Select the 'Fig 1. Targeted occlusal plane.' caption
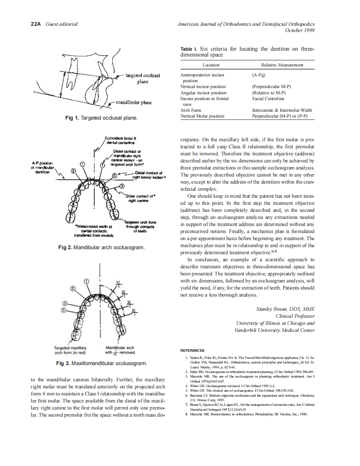(101, 118)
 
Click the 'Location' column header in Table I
(211, 65)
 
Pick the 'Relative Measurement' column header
(282, 65)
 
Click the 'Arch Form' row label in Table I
(191, 110)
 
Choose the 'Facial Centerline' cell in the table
(268, 99)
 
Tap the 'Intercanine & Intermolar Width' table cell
(282, 110)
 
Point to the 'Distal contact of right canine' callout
(140, 198)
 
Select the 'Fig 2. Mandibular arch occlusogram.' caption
(101, 248)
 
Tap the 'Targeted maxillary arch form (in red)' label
(70, 350)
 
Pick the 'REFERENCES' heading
(192, 351)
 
